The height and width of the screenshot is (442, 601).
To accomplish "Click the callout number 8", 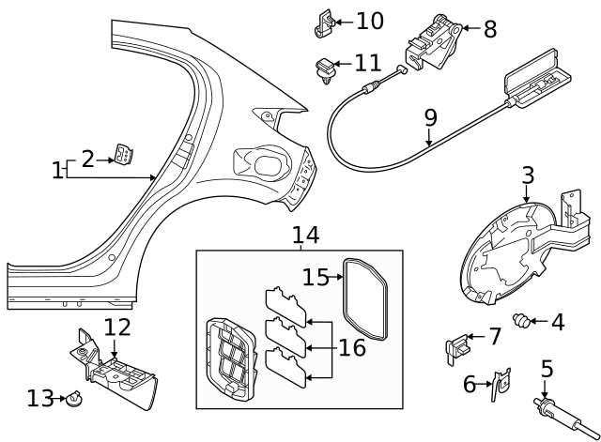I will (489, 29).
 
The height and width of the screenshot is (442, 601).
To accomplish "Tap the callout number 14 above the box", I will (305, 235).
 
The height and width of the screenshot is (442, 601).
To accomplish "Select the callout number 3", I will (528, 175).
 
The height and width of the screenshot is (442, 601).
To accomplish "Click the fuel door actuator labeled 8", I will (433, 41).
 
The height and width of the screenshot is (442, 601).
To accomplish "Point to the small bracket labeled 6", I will (501, 379).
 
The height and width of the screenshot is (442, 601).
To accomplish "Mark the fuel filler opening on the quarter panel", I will (269, 164).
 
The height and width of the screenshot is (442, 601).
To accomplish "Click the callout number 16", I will (351, 347).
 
